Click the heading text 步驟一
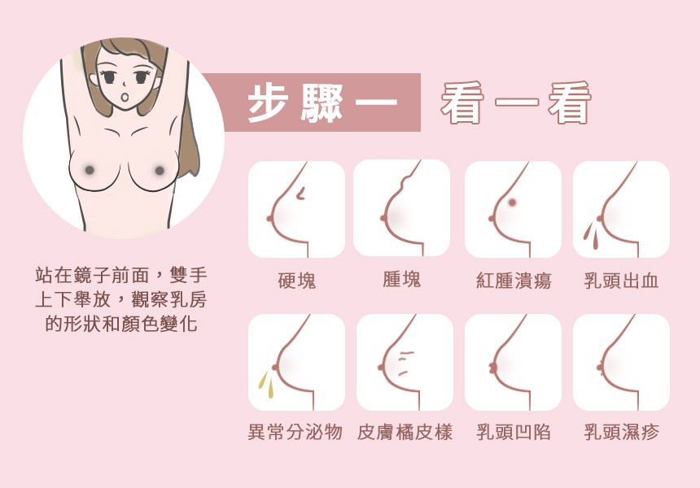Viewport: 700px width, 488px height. tap(322, 102)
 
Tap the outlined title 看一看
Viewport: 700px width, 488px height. tap(516, 102)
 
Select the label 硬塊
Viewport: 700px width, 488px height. tap(296, 281)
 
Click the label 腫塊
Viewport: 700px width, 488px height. tap(402, 279)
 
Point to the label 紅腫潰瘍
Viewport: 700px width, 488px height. tap(514, 281)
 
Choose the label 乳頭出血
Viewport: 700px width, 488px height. tap(621, 281)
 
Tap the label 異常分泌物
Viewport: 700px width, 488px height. tap(295, 432)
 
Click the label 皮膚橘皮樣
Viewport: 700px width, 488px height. tap(405, 432)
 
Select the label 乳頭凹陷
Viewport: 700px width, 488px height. tap(514, 432)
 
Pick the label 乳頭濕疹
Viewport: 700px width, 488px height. tap(621, 432)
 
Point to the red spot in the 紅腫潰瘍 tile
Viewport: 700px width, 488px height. tap(512, 203)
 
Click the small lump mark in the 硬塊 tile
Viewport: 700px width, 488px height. tap(301, 193)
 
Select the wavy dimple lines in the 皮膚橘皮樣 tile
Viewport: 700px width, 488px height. tap(405, 363)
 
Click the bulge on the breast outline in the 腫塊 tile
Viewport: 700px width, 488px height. tap(405, 181)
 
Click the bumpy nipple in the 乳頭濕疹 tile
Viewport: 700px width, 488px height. tap(600, 368)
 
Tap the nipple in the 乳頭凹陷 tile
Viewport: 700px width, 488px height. tap(493, 368)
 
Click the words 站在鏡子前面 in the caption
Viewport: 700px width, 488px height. tap(91, 275)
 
